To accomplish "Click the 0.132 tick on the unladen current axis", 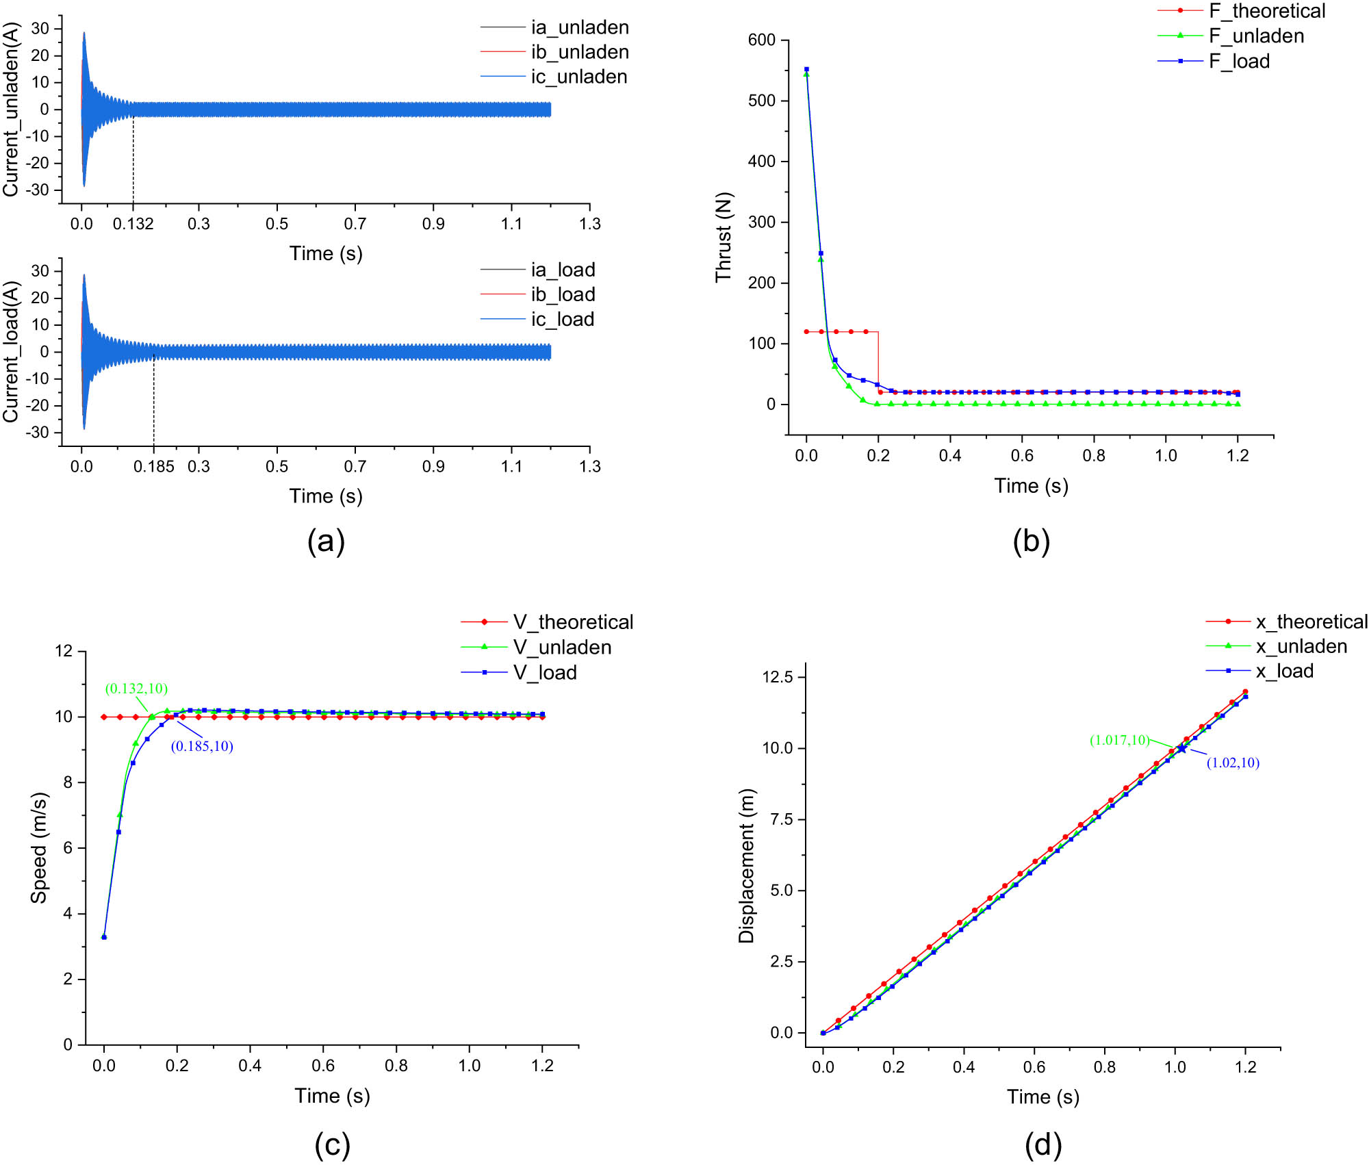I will coord(133,224).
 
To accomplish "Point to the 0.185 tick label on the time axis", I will coord(153,467).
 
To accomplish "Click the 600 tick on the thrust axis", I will coord(761,40).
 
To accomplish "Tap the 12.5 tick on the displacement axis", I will coord(778,677).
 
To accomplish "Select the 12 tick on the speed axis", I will coord(64,651).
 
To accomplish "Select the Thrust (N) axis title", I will coord(724,237).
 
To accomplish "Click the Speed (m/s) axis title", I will coord(39,848).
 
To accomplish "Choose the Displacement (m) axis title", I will coord(747,866).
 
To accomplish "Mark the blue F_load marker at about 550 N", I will coord(806,69).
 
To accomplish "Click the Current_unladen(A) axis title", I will coord(11,110).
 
